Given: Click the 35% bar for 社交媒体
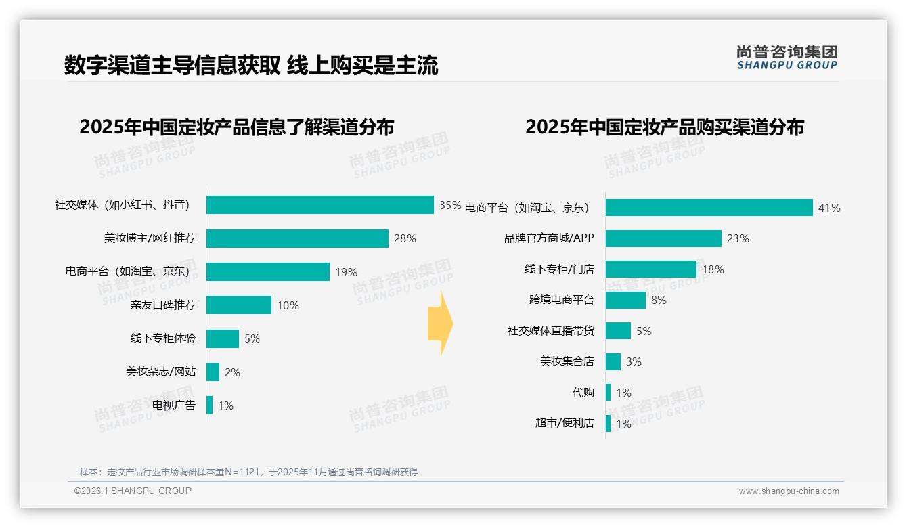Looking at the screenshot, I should click(319, 204).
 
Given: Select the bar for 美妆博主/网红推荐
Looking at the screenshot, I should click(297, 238).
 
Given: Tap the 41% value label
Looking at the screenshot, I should click(829, 208).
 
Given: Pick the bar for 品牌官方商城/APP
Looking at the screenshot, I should click(663, 238).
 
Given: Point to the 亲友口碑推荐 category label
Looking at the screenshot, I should click(163, 305).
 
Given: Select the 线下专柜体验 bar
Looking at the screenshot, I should click(223, 338).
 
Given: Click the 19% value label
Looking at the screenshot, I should click(346, 272).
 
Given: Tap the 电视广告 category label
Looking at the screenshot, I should click(174, 405).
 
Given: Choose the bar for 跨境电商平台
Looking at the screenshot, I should click(625, 300).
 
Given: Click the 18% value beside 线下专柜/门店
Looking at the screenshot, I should click(713, 269).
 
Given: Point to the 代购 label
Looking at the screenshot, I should click(583, 393).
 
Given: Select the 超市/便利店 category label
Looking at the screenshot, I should click(565, 423).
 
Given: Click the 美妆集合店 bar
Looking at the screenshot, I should click(613, 361).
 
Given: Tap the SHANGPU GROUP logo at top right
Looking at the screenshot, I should click(787, 57).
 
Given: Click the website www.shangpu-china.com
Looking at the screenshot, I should click(789, 491).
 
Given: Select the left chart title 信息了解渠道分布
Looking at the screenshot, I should click(236, 127).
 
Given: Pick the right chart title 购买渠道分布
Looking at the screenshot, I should click(664, 127).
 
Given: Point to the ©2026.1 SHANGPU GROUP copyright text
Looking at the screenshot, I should click(133, 491).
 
